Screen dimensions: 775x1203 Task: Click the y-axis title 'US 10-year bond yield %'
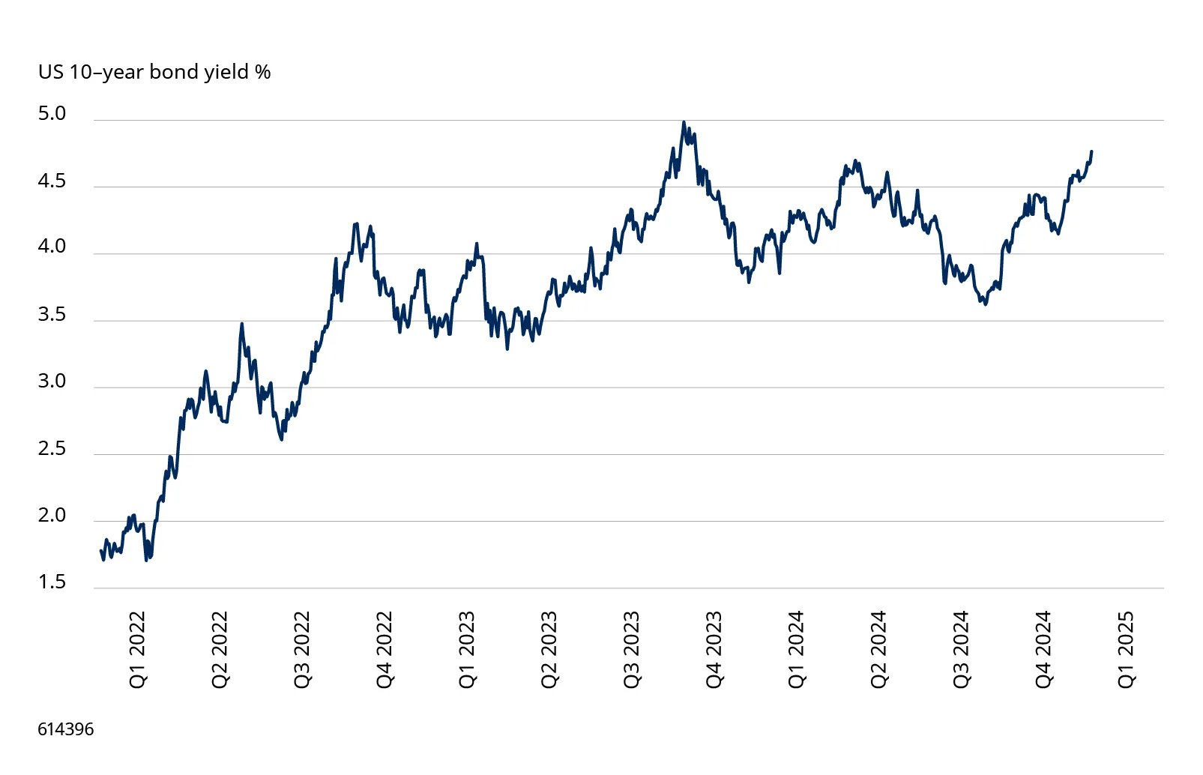(x=154, y=72)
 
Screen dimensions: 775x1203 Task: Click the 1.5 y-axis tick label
(x=52, y=582)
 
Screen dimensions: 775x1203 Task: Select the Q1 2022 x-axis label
(x=138, y=649)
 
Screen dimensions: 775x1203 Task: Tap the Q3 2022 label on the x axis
(x=302, y=649)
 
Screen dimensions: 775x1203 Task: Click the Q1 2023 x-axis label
(x=467, y=649)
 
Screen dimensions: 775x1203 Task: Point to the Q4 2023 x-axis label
(x=714, y=649)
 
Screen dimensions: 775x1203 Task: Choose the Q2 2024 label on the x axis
(x=878, y=649)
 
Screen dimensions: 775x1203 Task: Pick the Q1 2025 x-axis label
(x=1126, y=649)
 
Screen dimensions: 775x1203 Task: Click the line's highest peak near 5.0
(x=684, y=122)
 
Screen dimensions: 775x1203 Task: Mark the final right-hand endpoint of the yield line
(x=1091, y=151)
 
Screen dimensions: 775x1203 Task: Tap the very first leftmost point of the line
(x=101, y=551)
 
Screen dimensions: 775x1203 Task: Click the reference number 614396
(x=66, y=729)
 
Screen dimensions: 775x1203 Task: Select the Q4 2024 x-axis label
(x=1043, y=649)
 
